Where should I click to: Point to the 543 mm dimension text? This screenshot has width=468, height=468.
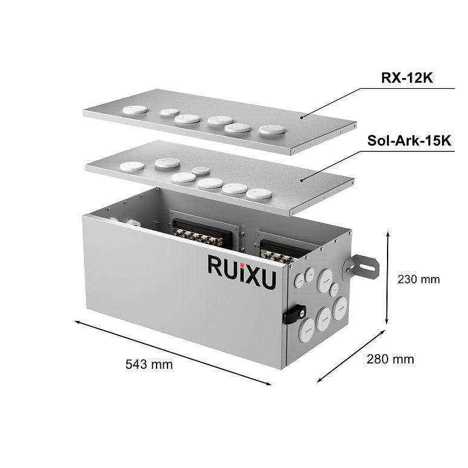149,364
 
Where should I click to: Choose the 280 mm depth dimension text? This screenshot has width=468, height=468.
390,359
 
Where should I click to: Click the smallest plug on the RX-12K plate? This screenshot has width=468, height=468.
170,112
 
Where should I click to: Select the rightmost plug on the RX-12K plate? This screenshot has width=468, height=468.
271,130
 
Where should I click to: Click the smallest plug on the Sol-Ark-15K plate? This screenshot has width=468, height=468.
201,171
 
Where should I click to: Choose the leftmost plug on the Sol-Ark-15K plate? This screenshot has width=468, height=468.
131,167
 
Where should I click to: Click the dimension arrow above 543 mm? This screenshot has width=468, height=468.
173,351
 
